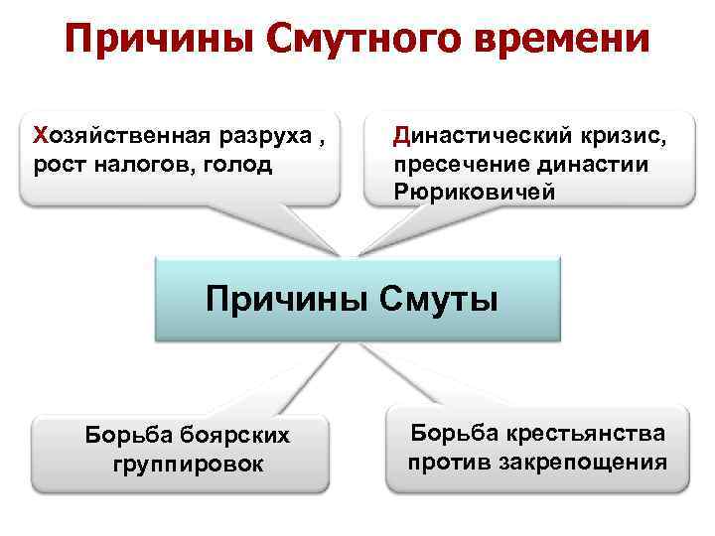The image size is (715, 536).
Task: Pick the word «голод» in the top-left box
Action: click(236, 163)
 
